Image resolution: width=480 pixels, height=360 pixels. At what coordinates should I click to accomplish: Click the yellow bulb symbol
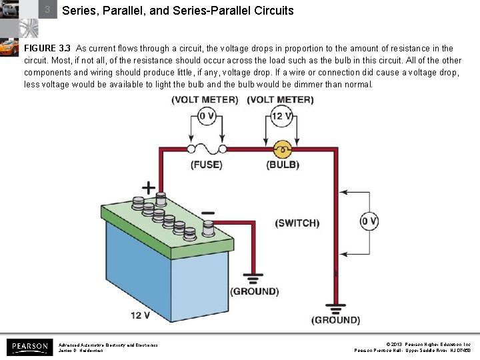point(283,148)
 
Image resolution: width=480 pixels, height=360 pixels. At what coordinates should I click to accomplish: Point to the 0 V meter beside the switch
point(369,221)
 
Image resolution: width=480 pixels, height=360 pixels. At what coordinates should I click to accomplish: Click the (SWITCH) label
point(297,223)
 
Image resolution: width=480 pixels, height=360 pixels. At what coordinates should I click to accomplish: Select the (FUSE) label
point(207,165)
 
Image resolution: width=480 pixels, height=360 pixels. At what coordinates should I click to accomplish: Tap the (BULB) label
point(283,165)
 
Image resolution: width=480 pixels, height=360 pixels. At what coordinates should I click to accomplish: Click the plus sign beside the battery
point(148,189)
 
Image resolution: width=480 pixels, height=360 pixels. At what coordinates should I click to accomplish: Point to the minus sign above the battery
point(207,213)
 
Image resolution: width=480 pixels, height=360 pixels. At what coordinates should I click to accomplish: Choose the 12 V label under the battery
point(140,315)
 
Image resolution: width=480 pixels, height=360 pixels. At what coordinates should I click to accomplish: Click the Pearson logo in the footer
point(29,347)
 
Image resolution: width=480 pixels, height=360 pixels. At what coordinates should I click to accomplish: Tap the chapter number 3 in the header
point(47,11)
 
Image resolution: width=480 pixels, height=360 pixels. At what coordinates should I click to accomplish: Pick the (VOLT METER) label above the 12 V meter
point(280,100)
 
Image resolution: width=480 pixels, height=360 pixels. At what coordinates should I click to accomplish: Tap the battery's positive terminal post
point(161,198)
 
